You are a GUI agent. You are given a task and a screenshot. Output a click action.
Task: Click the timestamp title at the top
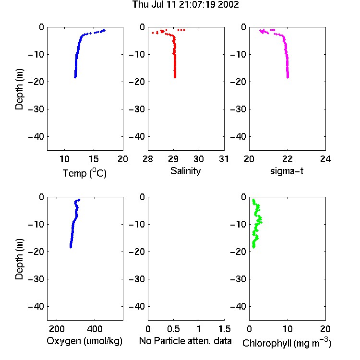tap(185, 4)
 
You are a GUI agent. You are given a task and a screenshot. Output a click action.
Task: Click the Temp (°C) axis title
tap(84, 173)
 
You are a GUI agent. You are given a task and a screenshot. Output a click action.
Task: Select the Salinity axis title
tap(185, 171)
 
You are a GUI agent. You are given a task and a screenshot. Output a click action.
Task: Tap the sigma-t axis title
tap(287, 171)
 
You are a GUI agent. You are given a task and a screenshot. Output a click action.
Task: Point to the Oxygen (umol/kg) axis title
tap(84, 341)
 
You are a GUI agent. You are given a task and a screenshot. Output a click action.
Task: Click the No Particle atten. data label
tap(185, 341)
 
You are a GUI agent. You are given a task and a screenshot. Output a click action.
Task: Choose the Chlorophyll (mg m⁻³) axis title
tap(287, 343)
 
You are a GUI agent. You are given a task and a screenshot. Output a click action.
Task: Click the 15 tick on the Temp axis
tap(94, 159)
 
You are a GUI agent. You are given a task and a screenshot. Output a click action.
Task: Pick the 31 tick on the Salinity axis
tap(224, 159)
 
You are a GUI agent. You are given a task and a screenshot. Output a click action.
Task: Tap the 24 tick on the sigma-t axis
tap(325, 159)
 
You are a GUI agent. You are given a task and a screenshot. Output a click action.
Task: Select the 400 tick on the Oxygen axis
tap(95, 329)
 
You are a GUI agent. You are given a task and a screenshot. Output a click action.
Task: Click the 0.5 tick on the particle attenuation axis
tap(174, 329)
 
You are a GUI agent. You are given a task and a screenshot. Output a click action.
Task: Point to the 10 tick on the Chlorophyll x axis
tap(288, 329)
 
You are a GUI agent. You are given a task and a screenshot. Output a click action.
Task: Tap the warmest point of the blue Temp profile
tap(104, 30)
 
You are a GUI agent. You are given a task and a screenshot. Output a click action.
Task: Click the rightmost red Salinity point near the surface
tap(184, 30)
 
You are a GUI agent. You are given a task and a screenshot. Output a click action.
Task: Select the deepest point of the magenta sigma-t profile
tap(288, 77)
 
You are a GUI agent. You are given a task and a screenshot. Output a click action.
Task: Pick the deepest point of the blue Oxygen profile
tap(71, 247)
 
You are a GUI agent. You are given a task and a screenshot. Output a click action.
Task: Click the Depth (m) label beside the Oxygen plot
tap(19, 259)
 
